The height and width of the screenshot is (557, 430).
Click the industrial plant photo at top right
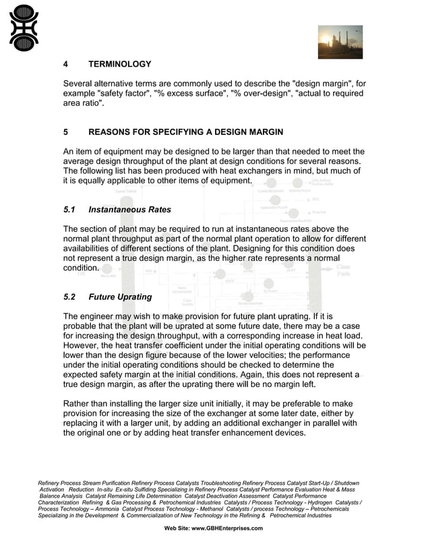[340, 42]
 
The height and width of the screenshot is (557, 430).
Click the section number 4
[65, 65]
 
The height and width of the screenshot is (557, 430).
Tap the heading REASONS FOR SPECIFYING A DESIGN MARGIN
[185, 131]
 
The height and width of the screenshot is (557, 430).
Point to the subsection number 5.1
[70, 210]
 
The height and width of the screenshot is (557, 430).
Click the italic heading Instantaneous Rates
[129, 210]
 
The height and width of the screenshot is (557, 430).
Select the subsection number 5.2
[70, 297]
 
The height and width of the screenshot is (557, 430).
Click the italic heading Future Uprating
[120, 297]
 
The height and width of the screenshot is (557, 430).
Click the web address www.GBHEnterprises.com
[227, 528]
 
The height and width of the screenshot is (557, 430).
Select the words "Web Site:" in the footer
[177, 528]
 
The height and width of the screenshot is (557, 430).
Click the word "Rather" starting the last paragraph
[78, 404]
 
